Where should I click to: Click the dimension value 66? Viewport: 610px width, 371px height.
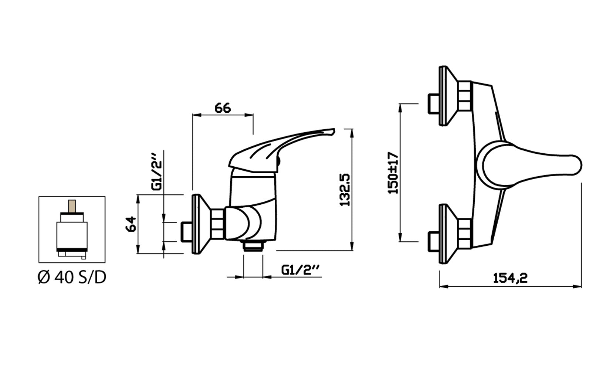[223, 108]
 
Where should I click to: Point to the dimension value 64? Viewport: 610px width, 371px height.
[131, 224]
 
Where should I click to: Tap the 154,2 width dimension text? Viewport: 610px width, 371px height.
[510, 278]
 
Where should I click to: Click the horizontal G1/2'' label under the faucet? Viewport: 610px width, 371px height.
[301, 270]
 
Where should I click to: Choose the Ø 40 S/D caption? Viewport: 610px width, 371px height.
[72, 277]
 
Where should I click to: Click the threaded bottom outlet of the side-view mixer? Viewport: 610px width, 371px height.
[253, 245]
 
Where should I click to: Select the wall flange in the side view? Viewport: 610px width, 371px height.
[200, 224]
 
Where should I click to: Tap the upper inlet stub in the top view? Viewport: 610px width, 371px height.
[432, 104]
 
